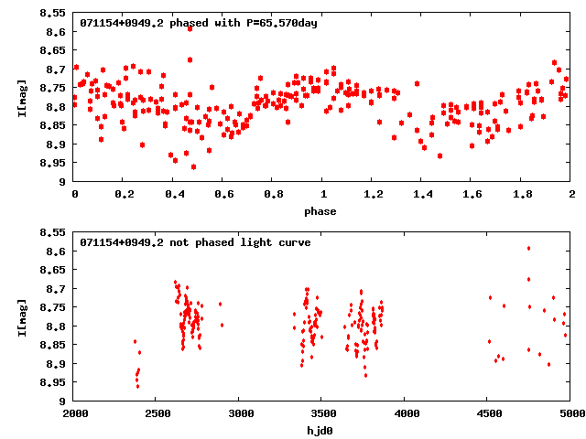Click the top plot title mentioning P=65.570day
coord(199,23)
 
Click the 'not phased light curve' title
coord(195,242)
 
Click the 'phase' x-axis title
coord(322,211)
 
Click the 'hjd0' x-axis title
coord(322,431)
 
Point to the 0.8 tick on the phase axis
coord(273,194)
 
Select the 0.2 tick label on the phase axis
coord(124,194)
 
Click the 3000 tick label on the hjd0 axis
coord(240,413)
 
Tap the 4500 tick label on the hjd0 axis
coord(488,413)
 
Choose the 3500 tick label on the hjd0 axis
coord(322,413)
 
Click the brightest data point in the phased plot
coord(190,28)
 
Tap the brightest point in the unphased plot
coord(528,248)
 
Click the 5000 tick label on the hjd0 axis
coord(570,413)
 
